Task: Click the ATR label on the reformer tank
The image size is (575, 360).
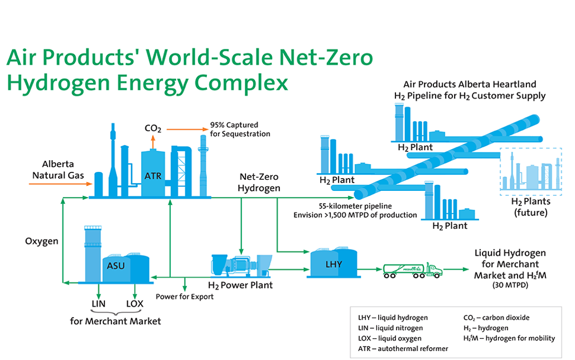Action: tap(153, 176)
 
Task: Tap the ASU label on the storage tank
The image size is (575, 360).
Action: tap(115, 266)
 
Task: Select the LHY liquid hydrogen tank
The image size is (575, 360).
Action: tap(334, 263)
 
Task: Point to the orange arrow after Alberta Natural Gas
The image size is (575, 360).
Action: tap(60, 184)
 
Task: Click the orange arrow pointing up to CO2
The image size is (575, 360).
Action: tap(153, 142)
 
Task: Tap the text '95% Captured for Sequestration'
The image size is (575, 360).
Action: tap(240, 129)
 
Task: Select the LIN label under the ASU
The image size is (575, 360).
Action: tap(98, 304)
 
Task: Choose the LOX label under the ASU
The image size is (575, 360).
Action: tap(134, 304)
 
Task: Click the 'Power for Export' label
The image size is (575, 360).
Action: tap(185, 296)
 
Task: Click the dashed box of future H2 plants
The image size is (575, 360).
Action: tap(530, 169)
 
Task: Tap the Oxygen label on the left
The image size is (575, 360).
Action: tap(41, 241)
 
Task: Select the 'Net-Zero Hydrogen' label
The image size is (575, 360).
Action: tap(259, 183)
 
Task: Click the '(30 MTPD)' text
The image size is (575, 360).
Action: tap(510, 285)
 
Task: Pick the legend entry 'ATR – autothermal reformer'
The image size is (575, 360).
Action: tap(403, 349)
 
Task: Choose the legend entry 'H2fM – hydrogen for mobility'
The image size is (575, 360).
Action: tap(509, 338)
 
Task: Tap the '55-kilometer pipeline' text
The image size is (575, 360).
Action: tap(355, 207)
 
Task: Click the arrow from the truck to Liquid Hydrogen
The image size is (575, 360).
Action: tap(456, 270)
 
